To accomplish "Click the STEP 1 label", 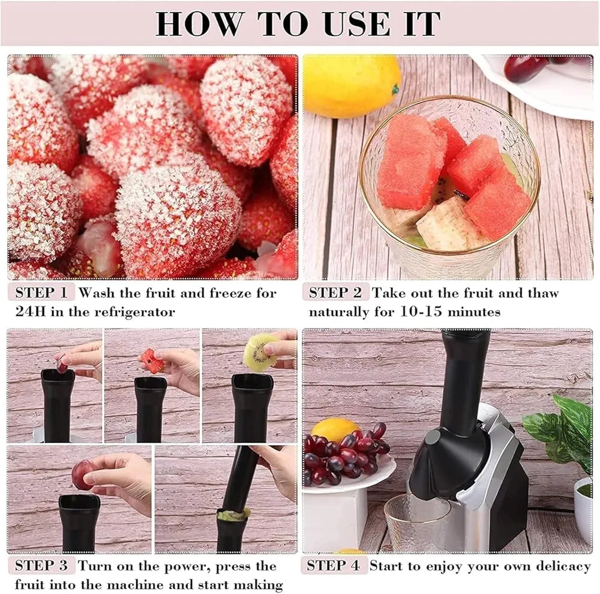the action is [41, 293].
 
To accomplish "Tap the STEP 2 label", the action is [335, 293].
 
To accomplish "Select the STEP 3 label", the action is [41, 566].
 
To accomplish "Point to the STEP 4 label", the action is [334, 566].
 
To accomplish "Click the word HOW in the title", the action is [200, 23].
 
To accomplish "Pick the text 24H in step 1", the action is [31, 312].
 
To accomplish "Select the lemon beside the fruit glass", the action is [350, 85].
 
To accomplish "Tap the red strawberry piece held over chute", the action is [152, 361].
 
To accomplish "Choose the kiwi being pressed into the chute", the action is [234, 514].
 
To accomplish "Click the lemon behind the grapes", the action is [334, 429].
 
